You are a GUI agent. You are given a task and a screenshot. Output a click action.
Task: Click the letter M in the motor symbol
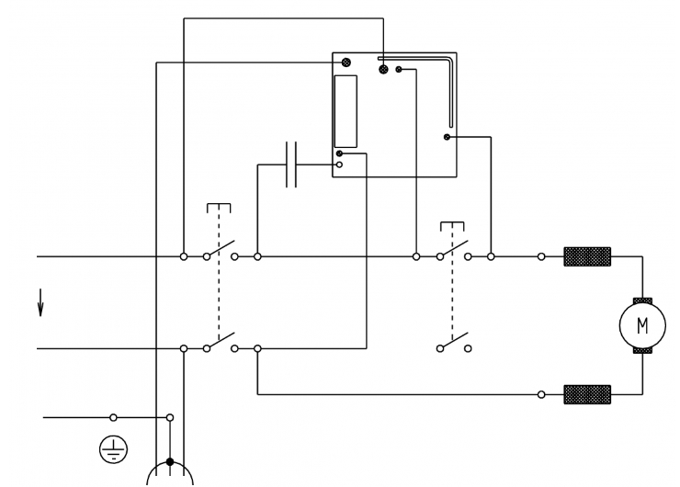click(x=642, y=325)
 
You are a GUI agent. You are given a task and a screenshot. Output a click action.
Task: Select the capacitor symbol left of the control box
click(x=291, y=164)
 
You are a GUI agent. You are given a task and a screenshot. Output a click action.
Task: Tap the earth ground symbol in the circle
click(x=113, y=449)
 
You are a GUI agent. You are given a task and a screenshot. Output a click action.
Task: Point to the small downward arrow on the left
click(x=40, y=302)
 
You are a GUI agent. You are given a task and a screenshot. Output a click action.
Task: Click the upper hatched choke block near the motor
click(x=587, y=256)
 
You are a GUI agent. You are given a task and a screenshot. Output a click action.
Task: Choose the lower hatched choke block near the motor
click(x=587, y=394)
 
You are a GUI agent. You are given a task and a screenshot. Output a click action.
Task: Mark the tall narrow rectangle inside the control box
click(x=346, y=111)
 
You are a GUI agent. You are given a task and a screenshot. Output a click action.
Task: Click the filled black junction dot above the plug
click(x=170, y=462)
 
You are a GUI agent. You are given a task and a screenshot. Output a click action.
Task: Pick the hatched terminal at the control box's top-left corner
click(x=346, y=62)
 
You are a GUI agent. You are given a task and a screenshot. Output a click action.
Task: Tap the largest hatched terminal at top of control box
click(x=383, y=70)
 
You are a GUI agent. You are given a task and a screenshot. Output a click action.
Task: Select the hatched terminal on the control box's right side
click(x=447, y=137)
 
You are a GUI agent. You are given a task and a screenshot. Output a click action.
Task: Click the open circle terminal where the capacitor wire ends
click(x=339, y=164)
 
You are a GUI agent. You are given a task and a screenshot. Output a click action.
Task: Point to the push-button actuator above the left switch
click(x=219, y=208)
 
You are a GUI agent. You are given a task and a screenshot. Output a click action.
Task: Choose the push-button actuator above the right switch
click(x=452, y=226)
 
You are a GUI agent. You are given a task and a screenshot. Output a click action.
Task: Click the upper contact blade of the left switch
click(x=221, y=248)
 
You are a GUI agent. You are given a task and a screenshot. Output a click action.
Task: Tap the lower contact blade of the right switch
click(x=454, y=340)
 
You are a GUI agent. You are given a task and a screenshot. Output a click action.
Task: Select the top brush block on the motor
click(x=642, y=301)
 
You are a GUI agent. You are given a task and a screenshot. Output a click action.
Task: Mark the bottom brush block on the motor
click(x=642, y=350)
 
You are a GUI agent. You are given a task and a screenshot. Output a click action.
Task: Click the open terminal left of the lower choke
click(x=541, y=394)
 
